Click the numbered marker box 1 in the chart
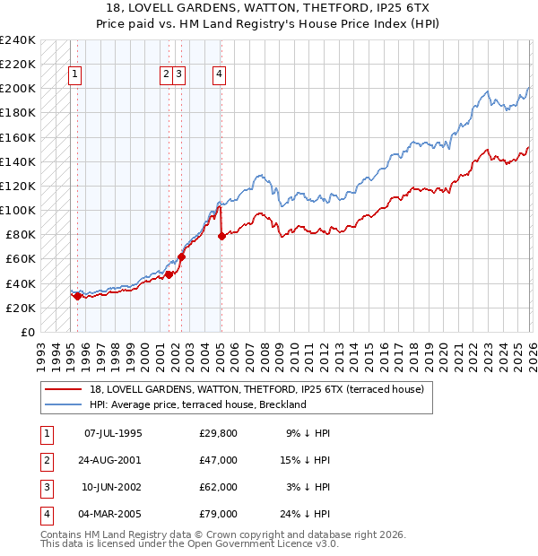[x=74, y=75]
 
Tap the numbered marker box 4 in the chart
[x=219, y=75]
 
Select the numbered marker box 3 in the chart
[x=179, y=75]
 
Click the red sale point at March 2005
[x=221, y=236]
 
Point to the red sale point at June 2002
[x=181, y=256]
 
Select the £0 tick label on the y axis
[x=27, y=332]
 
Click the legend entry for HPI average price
[x=198, y=404]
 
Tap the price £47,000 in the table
[x=219, y=460]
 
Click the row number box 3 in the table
[x=44, y=487]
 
